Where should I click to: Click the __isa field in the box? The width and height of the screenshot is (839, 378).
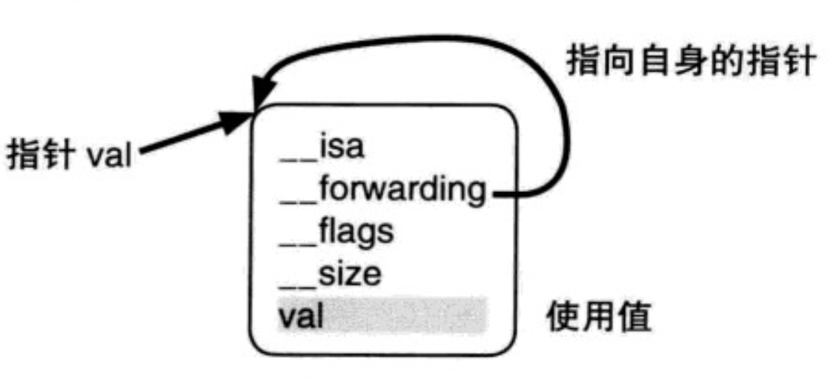point(322,147)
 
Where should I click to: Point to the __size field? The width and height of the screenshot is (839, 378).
point(331,275)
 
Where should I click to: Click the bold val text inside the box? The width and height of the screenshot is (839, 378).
point(301,316)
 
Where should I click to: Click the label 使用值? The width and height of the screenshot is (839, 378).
point(599,317)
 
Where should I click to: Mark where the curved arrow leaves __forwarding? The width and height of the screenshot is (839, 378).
point(495,194)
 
